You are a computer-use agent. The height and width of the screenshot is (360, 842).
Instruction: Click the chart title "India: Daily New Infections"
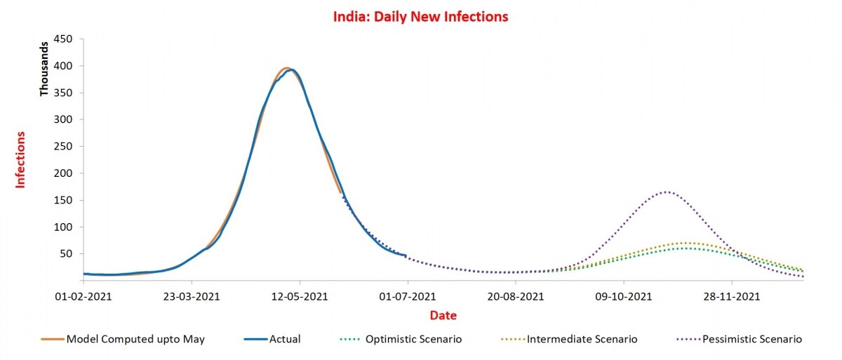[x=421, y=16]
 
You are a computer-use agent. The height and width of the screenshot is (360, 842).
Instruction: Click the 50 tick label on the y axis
[x=67, y=254]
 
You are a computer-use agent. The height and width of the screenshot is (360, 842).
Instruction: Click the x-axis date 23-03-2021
[x=192, y=297]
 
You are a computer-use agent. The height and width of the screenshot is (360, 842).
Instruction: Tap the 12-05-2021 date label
[x=300, y=297]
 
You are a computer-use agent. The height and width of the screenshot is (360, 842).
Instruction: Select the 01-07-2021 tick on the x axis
[x=408, y=297]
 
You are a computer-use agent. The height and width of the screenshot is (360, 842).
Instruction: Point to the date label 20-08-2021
[x=516, y=297]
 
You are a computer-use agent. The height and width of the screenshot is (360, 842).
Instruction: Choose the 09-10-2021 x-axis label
[x=624, y=297]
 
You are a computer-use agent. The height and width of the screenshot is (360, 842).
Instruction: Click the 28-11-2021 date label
[x=731, y=297]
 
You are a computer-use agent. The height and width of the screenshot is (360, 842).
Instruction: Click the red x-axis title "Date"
[x=443, y=316]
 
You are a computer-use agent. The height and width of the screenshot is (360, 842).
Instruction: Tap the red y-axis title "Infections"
[x=20, y=159]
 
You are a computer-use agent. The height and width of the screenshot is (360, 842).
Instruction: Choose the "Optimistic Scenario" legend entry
[x=413, y=340]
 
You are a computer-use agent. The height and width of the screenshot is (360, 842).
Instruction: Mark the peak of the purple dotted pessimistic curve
[x=666, y=192]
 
